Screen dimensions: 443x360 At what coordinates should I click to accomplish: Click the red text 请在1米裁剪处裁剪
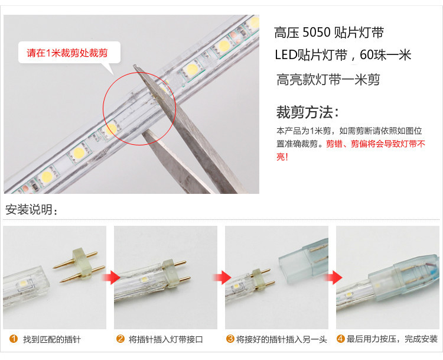tap(67, 53)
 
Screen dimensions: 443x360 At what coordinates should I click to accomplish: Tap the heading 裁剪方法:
tap(307, 112)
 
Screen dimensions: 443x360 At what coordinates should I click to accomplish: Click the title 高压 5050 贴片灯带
tap(329, 33)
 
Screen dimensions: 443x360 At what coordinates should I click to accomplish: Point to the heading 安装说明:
tap(31, 210)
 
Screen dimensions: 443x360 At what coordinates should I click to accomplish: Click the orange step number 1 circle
tap(14, 339)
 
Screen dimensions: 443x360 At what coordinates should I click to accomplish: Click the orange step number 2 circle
tap(120, 339)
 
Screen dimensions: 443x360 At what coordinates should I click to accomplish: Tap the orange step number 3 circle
tap(230, 339)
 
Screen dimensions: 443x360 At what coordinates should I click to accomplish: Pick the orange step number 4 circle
tap(340, 339)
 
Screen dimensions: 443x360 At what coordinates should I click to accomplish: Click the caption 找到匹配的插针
tap(52, 339)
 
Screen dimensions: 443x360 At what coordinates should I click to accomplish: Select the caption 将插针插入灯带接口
tap(166, 339)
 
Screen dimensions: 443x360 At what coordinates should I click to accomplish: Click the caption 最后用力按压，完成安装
tap(392, 339)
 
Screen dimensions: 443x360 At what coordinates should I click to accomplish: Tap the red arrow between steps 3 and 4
tap(333, 277)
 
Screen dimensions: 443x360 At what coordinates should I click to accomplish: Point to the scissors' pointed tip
tap(134, 66)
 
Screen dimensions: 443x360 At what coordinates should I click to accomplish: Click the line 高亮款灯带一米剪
tap(328, 79)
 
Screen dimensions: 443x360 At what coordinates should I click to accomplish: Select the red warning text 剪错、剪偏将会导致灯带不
tap(376, 144)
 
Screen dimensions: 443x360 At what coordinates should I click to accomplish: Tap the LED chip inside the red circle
tap(112, 129)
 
